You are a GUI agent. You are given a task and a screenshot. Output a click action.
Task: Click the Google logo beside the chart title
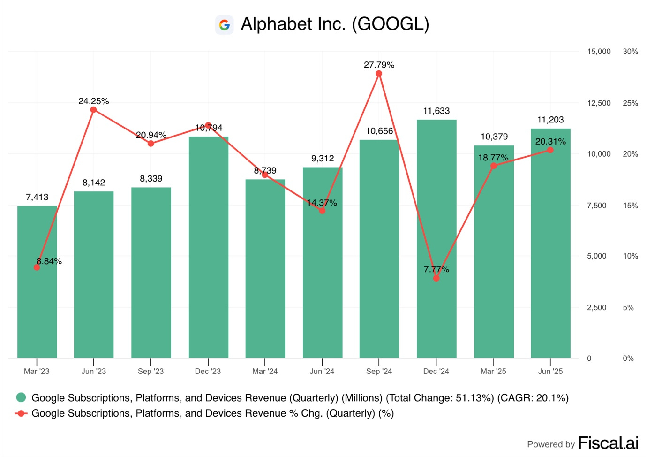[225, 25]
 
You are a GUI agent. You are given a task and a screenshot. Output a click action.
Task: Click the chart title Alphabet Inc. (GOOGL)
[335, 24]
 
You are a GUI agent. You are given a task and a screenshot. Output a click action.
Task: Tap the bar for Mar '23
[37, 282]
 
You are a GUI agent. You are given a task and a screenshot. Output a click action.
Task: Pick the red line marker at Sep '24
[379, 74]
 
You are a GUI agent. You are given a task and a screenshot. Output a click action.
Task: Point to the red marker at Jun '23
[93, 110]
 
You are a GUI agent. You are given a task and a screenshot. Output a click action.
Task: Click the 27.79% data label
[379, 65]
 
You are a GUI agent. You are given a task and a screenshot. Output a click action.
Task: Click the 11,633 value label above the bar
[436, 111]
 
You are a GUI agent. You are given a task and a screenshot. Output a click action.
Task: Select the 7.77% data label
[436, 269]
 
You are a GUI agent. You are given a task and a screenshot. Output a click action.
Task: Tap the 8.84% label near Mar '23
[49, 261]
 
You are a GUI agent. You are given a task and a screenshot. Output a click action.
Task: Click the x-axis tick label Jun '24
[322, 371]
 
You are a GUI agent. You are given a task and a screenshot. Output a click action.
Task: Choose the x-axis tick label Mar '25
[493, 371]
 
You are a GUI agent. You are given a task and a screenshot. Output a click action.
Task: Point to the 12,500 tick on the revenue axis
[599, 103]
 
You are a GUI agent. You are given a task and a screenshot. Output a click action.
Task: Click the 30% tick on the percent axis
[630, 52]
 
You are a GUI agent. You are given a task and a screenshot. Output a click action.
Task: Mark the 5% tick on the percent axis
[628, 308]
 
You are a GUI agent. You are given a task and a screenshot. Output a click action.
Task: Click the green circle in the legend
[21, 398]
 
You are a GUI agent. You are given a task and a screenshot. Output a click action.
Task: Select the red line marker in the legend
[21, 413]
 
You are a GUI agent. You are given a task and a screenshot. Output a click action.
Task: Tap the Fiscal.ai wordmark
[608, 443]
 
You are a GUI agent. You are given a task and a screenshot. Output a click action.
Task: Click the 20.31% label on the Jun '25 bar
[550, 141]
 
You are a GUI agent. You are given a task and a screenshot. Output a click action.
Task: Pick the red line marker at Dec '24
[436, 278]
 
